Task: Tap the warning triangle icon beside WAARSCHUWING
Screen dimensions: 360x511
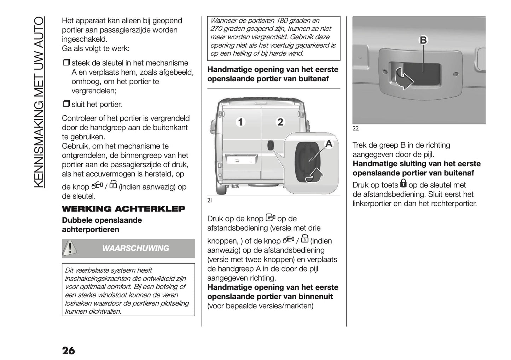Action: (70, 248)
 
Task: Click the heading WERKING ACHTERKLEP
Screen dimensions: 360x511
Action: (123, 209)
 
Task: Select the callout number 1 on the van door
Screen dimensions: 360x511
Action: (240, 122)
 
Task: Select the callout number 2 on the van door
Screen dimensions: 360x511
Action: (280, 122)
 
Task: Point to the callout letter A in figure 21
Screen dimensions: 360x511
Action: (329, 144)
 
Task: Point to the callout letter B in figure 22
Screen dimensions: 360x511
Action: (423, 40)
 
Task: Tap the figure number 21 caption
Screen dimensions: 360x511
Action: (210, 201)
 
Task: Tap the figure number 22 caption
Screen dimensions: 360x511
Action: (355, 129)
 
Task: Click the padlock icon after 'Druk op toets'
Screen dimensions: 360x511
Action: (403, 184)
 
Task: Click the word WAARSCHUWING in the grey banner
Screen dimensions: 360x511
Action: (135, 248)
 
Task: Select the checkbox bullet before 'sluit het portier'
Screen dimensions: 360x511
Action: (66, 104)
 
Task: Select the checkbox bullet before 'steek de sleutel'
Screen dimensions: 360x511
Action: (66, 63)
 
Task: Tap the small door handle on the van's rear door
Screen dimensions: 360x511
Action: (271, 145)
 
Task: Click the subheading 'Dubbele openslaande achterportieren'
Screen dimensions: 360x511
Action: (102, 225)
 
